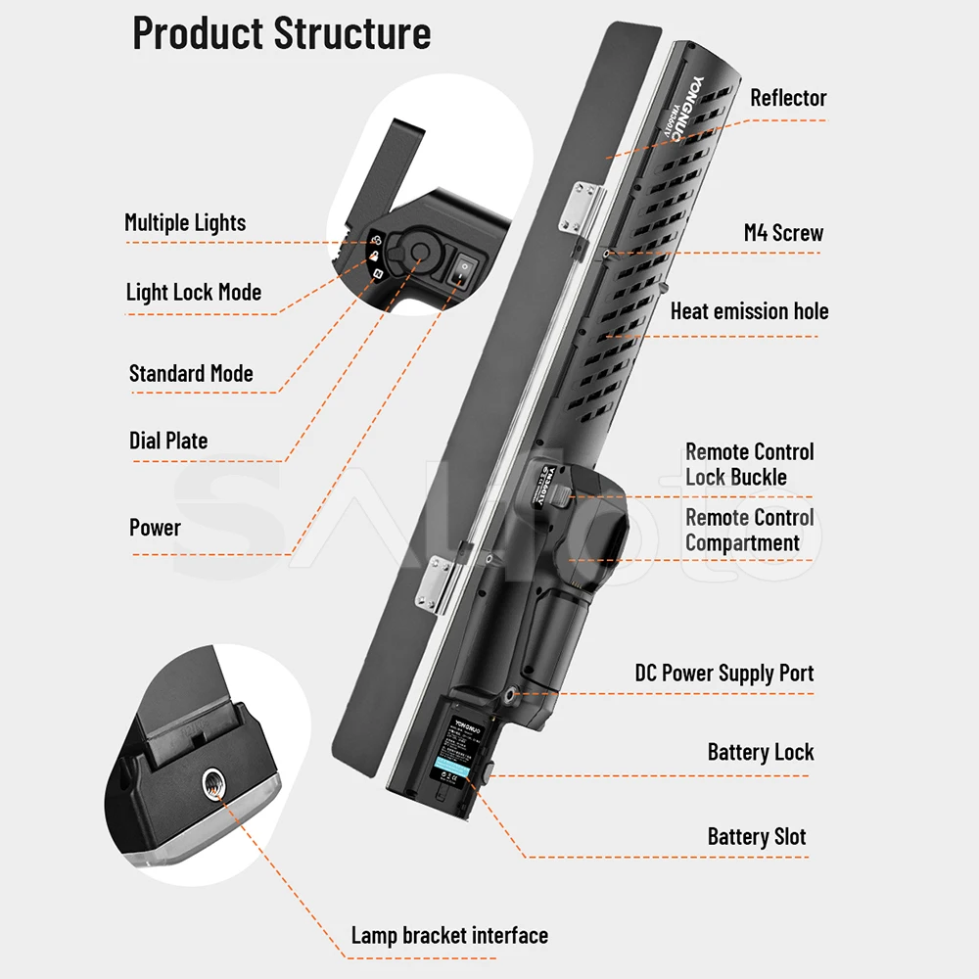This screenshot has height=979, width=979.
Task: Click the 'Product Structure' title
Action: (282, 33)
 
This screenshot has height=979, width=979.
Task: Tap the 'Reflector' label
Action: (788, 98)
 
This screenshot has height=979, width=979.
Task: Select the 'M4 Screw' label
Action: (783, 233)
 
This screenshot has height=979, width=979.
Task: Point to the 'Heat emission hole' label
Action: (749, 311)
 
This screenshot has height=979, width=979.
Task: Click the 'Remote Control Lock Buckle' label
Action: (749, 464)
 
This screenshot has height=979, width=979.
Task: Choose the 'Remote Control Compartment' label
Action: (749, 530)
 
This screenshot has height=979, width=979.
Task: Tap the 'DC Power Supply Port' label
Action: (724, 673)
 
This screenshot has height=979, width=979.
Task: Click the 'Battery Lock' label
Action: (761, 752)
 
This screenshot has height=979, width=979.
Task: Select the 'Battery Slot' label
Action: (757, 836)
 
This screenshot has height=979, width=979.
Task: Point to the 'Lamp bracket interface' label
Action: (449, 935)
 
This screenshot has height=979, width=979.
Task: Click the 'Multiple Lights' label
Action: (185, 222)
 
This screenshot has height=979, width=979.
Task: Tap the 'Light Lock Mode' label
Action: (194, 292)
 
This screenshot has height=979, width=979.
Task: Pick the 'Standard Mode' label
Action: (191, 373)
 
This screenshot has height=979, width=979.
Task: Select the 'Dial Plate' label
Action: (168, 441)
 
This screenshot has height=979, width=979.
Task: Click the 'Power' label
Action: (155, 528)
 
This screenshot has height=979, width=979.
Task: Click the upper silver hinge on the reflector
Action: (578, 207)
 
